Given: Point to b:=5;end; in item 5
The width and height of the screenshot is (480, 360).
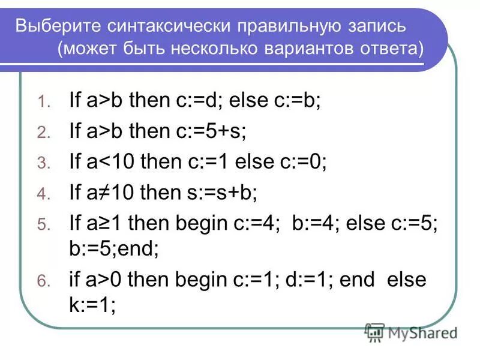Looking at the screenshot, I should pos(114,248).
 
